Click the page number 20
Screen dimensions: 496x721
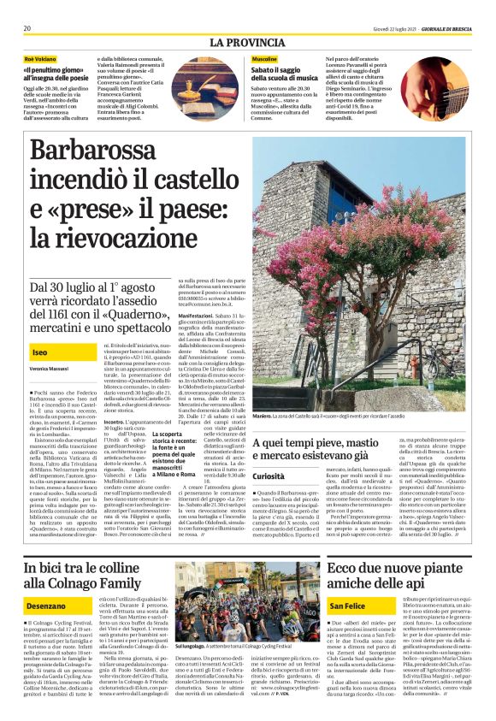(27, 28)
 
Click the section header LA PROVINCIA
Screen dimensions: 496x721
(247, 42)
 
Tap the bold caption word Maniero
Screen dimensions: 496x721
(263, 415)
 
